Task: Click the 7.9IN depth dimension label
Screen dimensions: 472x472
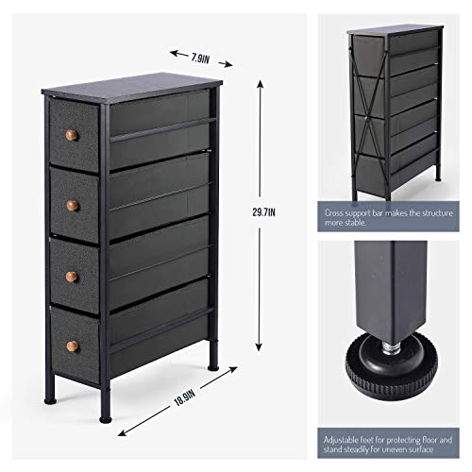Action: [200, 58]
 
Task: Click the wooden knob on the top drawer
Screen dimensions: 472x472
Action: [69, 140]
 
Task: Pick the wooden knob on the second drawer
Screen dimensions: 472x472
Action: [72, 204]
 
